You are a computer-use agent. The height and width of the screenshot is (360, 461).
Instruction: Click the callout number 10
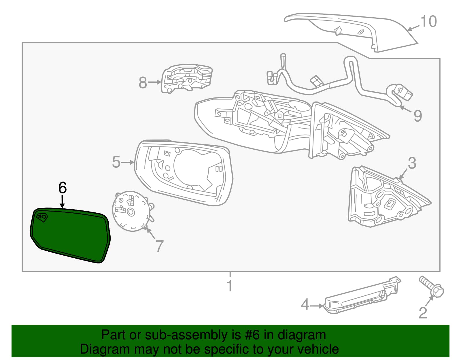[x=429, y=22]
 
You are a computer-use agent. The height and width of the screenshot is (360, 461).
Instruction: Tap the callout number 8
[x=143, y=82]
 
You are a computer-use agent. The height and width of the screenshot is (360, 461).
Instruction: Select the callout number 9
[x=417, y=116]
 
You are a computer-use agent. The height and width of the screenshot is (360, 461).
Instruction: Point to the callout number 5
[x=116, y=162]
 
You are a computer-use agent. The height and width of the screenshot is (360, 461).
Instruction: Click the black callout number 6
[x=63, y=188]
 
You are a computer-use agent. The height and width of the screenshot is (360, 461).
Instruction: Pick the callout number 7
[x=159, y=246]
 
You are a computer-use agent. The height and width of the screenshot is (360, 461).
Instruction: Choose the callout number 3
[x=412, y=163]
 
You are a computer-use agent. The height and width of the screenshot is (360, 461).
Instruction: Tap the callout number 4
[x=305, y=305]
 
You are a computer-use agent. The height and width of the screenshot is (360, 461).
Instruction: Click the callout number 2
[x=423, y=313]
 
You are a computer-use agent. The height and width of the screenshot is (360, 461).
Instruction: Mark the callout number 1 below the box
[x=230, y=286]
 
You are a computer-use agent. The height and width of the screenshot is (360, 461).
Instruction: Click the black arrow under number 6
[x=62, y=201]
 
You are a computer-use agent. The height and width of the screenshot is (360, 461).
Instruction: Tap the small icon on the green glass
[x=42, y=217]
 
